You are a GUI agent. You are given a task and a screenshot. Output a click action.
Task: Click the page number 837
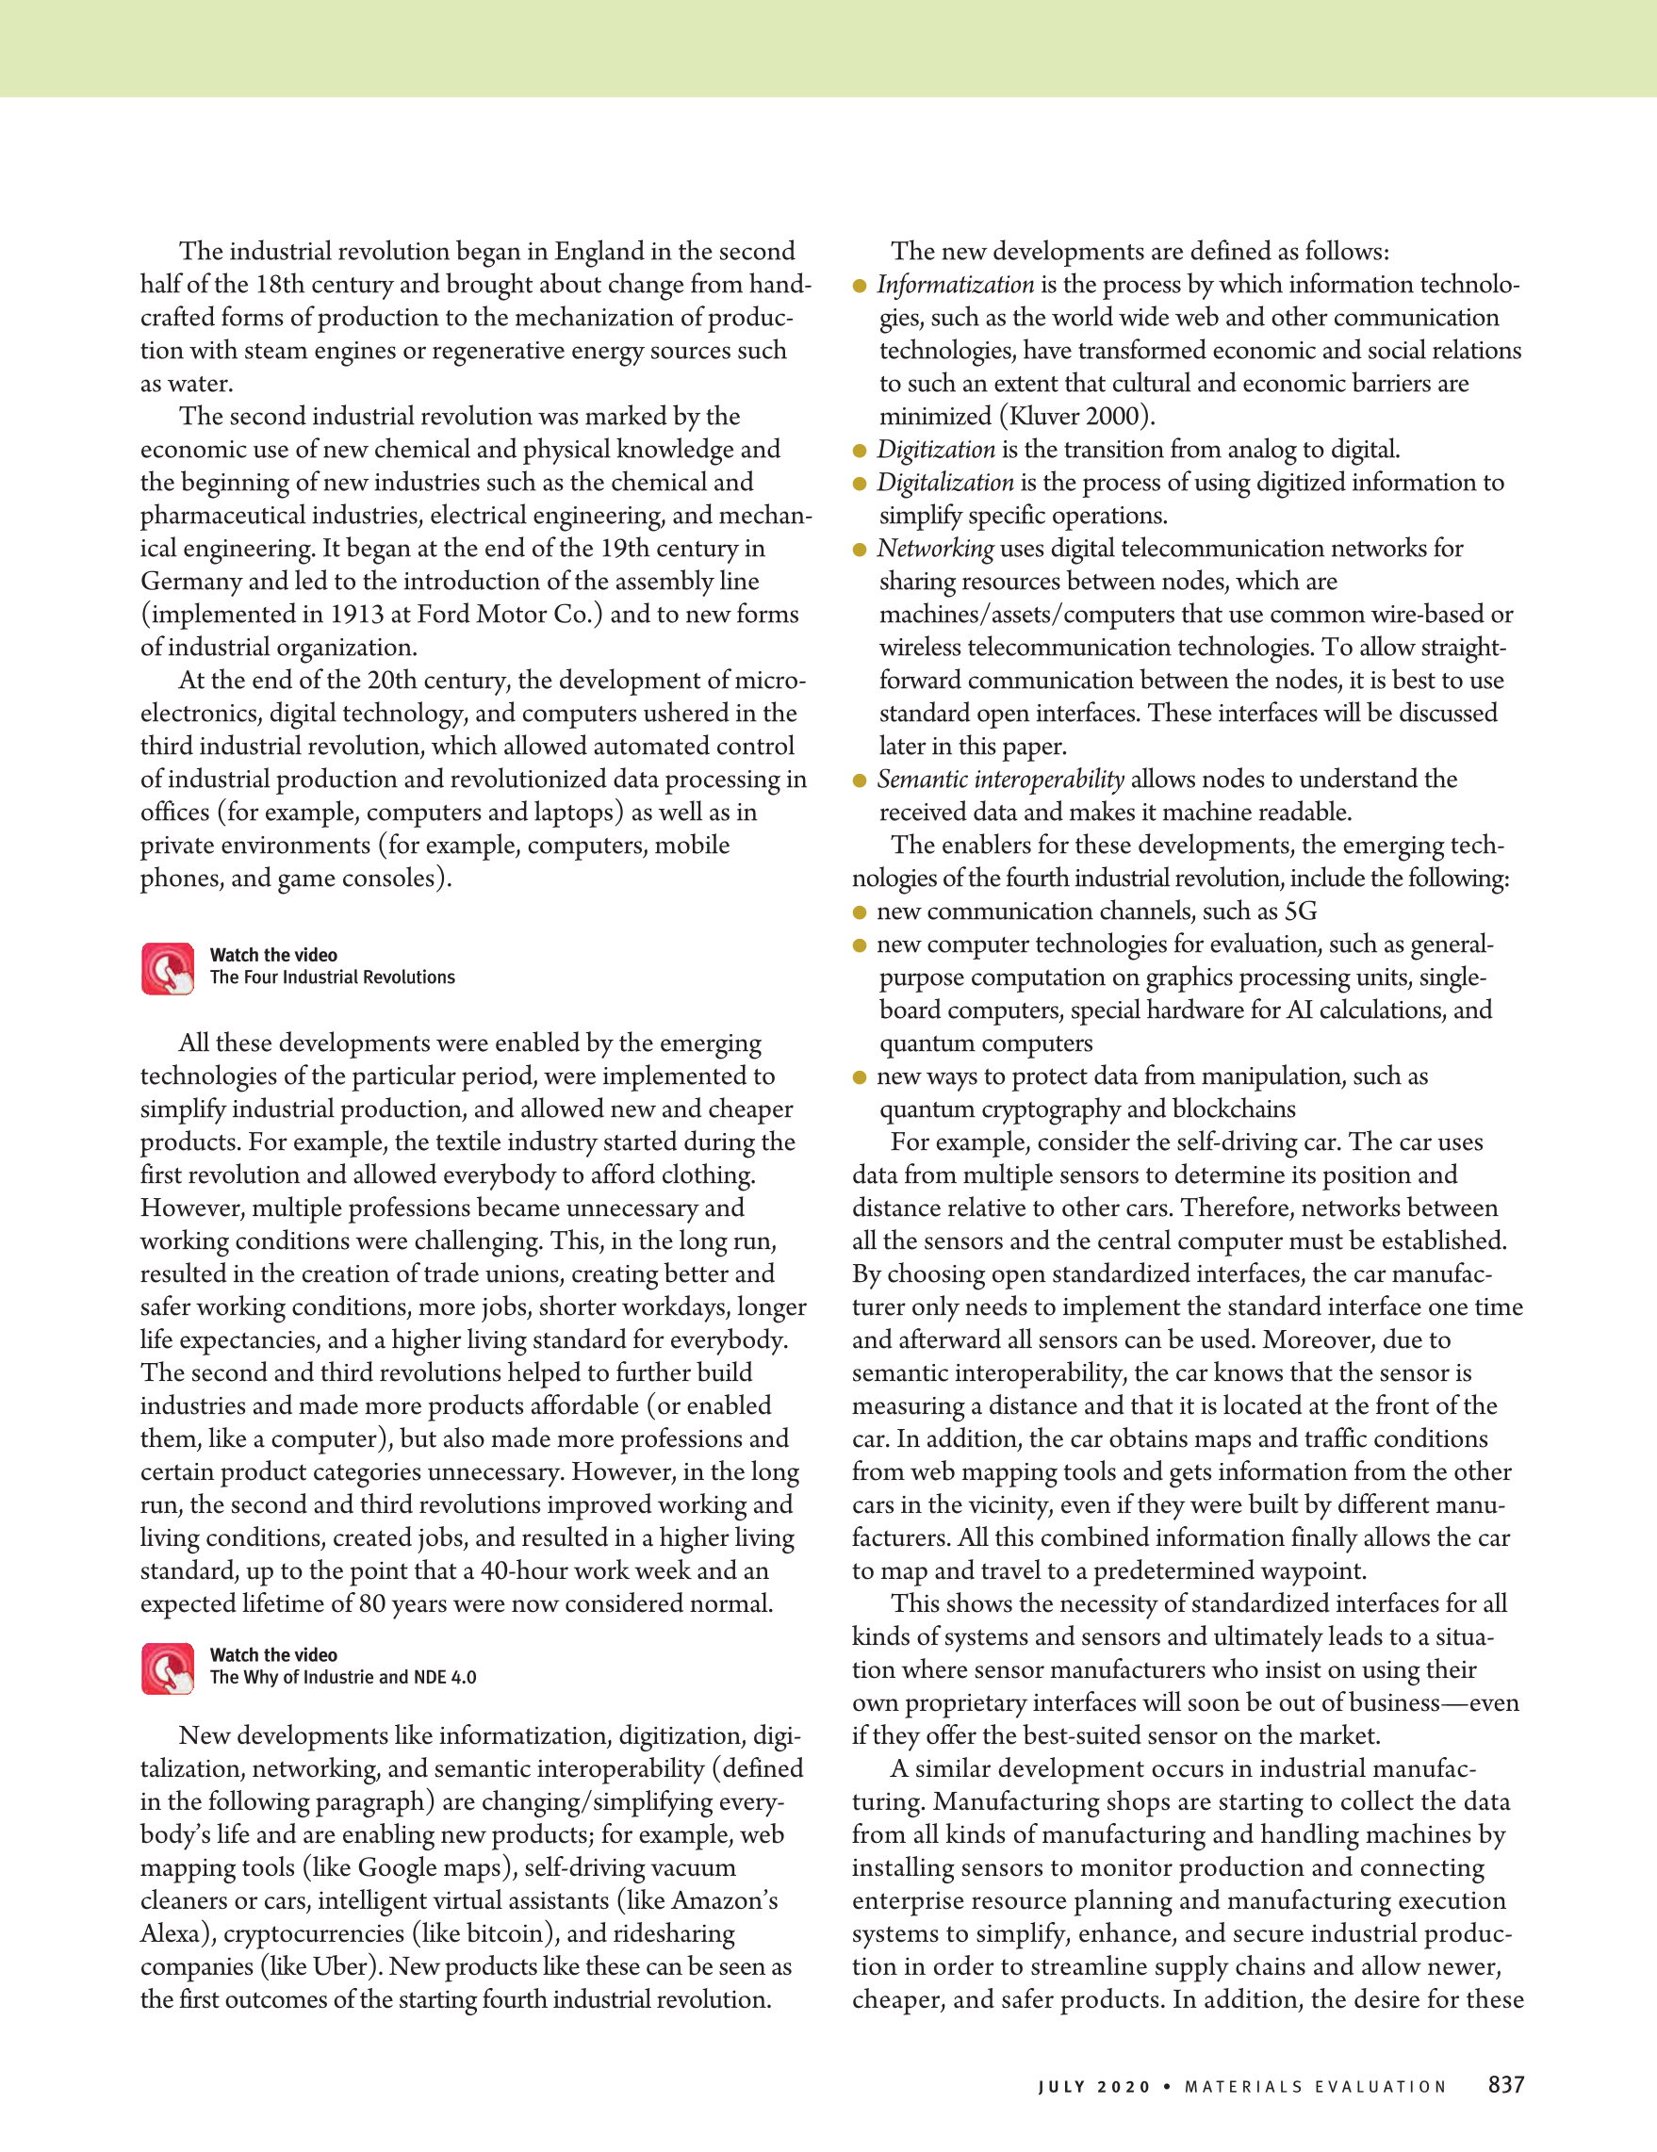coord(1505,2084)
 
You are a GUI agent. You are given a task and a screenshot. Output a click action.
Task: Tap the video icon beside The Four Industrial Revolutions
coord(168,968)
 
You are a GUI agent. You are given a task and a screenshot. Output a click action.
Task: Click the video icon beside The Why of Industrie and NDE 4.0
coord(168,1668)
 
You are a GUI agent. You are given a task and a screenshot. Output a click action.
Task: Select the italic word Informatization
coord(955,285)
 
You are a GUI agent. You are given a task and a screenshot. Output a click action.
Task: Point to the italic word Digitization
coord(935,450)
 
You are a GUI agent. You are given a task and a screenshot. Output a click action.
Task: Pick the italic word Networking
coord(935,549)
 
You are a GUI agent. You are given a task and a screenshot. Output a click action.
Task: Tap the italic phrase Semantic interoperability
coord(1000,780)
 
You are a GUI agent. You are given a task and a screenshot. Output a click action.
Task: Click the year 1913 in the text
coord(355,615)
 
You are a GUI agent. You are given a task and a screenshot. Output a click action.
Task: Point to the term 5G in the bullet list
coord(1300,912)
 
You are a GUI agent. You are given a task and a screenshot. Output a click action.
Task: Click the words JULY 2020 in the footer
coord(1093,2086)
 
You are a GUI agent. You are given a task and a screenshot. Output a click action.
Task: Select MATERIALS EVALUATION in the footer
coord(1315,2086)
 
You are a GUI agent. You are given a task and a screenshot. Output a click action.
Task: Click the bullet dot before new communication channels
coord(859,912)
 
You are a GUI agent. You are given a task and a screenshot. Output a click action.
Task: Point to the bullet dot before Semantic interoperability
coord(859,780)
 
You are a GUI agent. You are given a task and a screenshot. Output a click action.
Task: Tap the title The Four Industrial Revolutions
coord(332,977)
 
